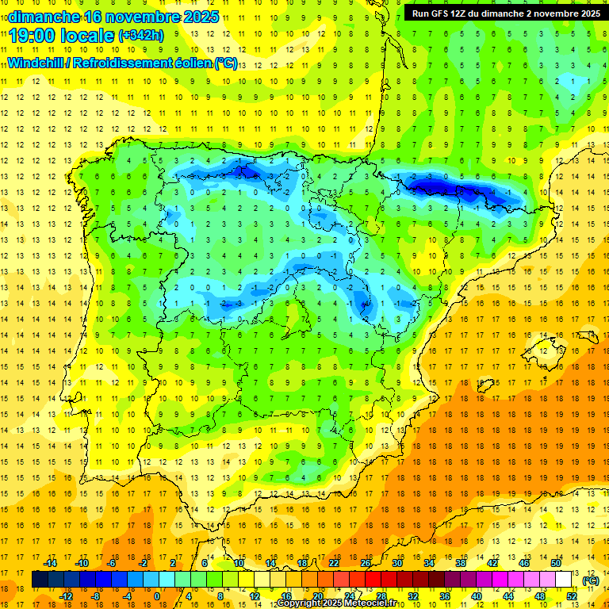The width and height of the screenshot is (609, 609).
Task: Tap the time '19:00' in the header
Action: click(x=34, y=35)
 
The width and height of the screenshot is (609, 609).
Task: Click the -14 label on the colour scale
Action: click(x=50, y=563)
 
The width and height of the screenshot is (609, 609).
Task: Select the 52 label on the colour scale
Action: click(x=572, y=596)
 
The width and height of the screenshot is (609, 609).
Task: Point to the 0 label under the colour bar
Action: click(x=158, y=596)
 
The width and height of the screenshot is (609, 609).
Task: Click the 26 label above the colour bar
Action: click(x=366, y=563)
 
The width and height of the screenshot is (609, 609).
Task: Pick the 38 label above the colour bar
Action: click(x=460, y=563)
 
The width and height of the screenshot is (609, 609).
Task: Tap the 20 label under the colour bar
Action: click(x=317, y=596)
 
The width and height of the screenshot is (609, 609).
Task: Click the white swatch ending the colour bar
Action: click(x=564, y=580)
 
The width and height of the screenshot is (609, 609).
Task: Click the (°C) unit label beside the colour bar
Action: click(x=590, y=580)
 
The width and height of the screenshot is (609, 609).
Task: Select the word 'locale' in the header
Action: click(x=89, y=35)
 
